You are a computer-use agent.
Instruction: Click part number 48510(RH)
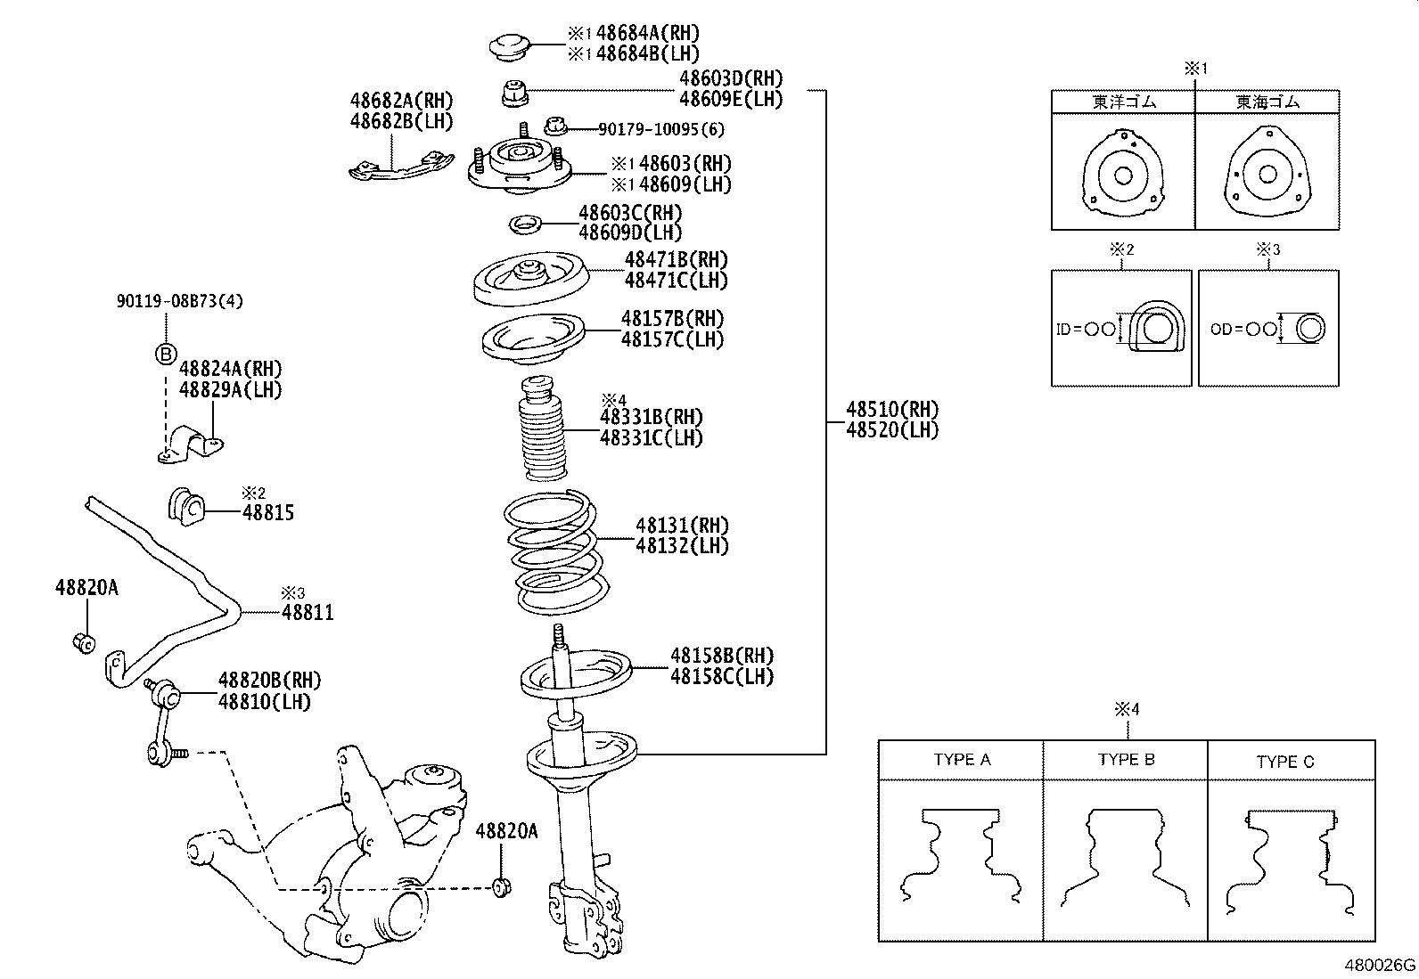891,410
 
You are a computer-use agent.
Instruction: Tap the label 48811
308,613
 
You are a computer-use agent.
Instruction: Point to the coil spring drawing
556,552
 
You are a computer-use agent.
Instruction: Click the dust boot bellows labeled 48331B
543,436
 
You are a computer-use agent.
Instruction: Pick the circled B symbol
166,355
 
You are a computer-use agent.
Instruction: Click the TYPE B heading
1126,760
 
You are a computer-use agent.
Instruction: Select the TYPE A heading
961,760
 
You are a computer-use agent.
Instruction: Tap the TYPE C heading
1284,762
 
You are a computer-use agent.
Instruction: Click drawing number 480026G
1379,966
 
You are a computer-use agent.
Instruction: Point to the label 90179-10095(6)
660,129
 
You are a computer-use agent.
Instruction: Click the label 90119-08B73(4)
179,301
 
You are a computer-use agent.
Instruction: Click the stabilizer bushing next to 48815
186,506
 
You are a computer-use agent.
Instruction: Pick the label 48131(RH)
682,526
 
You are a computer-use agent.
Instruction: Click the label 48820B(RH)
269,681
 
